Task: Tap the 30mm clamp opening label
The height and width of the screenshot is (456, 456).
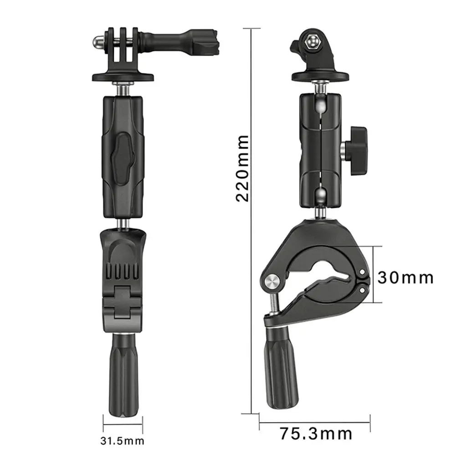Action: pos(405,277)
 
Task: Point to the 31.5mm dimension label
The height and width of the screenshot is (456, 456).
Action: pos(122,441)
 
